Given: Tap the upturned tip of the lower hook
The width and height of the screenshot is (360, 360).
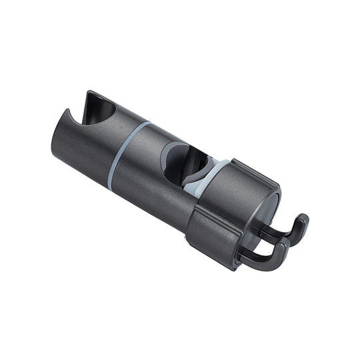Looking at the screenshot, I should point(283,247).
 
